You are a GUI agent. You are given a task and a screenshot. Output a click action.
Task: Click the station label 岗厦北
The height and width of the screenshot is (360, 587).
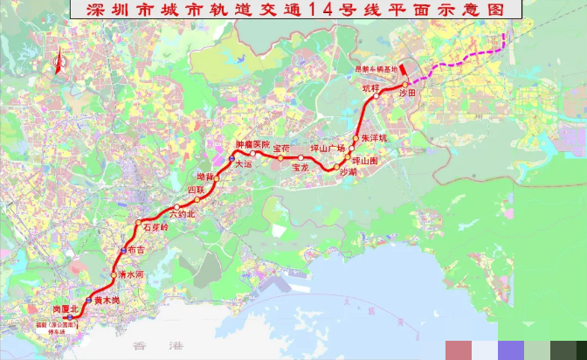(66, 309)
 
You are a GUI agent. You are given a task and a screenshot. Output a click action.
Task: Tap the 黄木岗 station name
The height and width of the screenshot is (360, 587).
(107, 300)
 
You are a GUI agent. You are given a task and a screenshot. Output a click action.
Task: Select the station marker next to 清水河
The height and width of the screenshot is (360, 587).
(113, 275)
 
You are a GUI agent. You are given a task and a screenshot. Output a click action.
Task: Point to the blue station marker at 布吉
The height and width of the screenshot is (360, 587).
(122, 250)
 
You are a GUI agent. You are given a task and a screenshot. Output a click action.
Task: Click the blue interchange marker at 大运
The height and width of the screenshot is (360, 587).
(231, 158)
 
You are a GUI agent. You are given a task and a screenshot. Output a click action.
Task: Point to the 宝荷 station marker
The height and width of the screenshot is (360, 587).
(280, 157)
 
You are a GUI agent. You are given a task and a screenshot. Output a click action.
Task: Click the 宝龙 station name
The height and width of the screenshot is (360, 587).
(301, 166)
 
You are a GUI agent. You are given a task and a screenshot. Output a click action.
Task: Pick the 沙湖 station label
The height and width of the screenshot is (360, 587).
(348, 172)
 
